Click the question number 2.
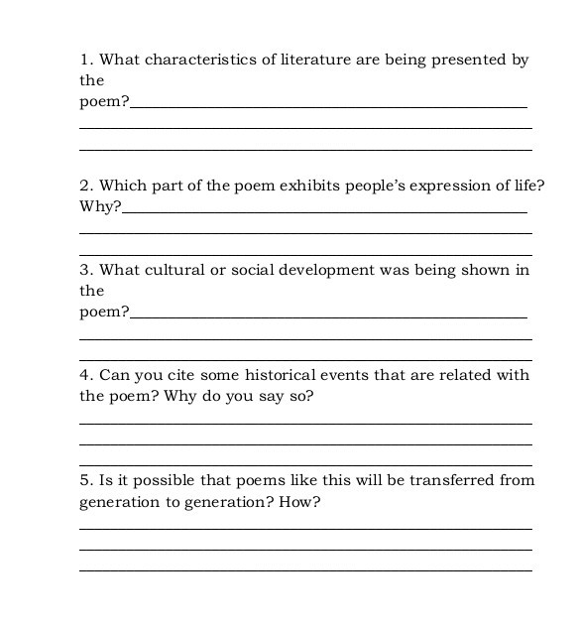click(85, 186)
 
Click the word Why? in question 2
click(100, 207)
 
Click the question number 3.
click(85, 270)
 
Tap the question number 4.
click(85, 375)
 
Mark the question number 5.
click(85, 480)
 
